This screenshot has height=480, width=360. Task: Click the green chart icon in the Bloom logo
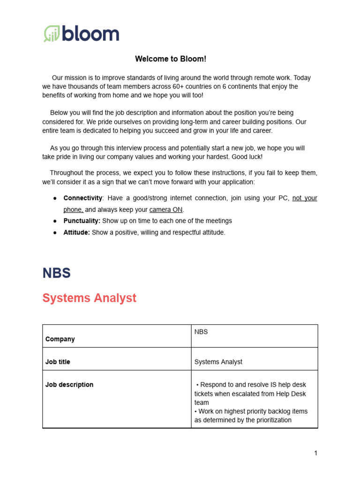[51, 34]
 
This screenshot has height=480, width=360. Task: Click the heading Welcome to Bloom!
[171, 59]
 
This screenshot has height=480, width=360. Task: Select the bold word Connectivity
[82, 198]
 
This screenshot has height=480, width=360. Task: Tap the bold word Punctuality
[82, 221]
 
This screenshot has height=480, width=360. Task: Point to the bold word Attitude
[76, 232]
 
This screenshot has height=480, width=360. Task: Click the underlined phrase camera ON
[166, 210]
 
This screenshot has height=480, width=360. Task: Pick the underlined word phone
[73, 210]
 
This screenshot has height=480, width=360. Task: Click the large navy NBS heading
[57, 273]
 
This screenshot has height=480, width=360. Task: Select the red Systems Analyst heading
[89, 298]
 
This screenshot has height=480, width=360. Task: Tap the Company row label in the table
[60, 339]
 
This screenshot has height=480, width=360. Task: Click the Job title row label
[58, 362]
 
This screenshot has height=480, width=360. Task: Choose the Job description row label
[69, 384]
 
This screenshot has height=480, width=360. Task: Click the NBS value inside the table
[201, 332]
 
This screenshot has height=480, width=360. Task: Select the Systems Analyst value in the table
[218, 362]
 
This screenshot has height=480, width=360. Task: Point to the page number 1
[315, 453]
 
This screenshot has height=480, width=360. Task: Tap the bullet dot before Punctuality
[55, 221]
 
